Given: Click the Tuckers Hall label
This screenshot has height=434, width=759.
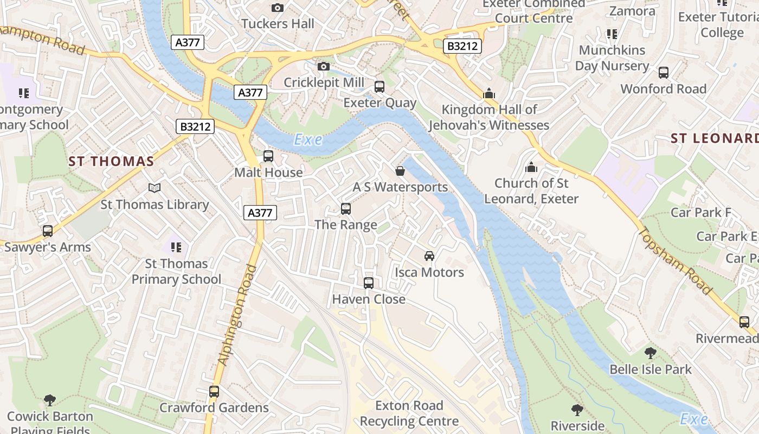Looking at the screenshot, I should tap(278, 24).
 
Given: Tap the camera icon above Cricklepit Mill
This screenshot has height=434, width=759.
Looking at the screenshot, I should tap(324, 66).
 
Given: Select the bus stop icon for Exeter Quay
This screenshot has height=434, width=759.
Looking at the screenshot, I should tap(379, 87).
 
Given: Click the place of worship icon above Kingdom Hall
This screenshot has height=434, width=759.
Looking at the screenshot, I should tap(489, 94).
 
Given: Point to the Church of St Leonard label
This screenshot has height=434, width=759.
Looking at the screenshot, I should tap(531, 191).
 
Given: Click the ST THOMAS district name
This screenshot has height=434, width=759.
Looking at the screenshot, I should tap(112, 161).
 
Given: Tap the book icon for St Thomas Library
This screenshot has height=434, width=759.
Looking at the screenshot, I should tap(155, 188).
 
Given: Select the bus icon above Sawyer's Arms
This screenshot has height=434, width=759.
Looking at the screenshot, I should tap(48, 231).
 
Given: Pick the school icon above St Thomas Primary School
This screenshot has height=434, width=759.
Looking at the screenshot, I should tap(176, 247).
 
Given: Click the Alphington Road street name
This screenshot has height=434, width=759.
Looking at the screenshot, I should tap(237, 315).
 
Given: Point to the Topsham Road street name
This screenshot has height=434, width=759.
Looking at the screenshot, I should tap(675, 261).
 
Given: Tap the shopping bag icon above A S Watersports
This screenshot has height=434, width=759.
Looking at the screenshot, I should tap(400, 171).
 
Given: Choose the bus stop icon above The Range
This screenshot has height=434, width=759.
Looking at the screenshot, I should tap(346, 208).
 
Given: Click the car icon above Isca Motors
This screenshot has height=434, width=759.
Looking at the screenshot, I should tap(429, 256).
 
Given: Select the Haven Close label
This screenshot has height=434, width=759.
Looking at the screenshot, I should tap(369, 299).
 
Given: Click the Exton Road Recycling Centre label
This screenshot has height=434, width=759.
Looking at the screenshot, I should tap(409, 413).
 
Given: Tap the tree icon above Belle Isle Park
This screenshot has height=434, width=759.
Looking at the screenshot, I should tap(651, 353).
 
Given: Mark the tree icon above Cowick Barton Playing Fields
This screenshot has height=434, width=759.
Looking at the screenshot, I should tap(50, 400).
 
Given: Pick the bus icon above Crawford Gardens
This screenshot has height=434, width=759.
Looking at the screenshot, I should tap(214, 392).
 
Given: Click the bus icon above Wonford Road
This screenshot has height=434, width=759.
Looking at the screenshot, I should tap(664, 73).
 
